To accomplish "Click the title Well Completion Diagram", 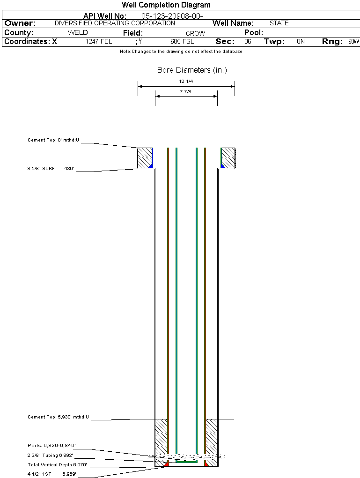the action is click(x=166, y=5).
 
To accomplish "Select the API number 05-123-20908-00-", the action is click(x=172, y=16).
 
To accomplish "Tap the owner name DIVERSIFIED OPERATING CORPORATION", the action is click(x=115, y=23).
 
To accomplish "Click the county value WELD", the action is click(x=78, y=33).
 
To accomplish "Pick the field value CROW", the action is click(x=196, y=33).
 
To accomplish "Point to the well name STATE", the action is click(x=279, y=23).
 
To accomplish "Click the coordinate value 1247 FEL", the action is click(x=99, y=41).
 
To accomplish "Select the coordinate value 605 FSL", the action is click(x=182, y=41).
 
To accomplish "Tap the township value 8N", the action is click(x=301, y=41).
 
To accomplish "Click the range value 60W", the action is click(x=353, y=41).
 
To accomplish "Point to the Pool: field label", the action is click(x=254, y=33).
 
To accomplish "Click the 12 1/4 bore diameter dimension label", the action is click(x=186, y=82).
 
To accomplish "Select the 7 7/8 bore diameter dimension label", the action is click(x=185, y=91).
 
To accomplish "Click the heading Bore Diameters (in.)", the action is click(x=192, y=70).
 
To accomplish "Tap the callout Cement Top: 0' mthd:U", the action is click(x=53, y=140).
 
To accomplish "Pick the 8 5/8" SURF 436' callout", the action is click(x=51, y=168).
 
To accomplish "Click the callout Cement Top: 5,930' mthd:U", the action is click(x=58, y=417).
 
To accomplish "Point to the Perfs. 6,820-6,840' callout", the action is click(x=51, y=445).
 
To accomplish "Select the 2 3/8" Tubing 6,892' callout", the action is click(x=50, y=455).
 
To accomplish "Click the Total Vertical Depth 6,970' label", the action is click(x=57, y=464).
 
